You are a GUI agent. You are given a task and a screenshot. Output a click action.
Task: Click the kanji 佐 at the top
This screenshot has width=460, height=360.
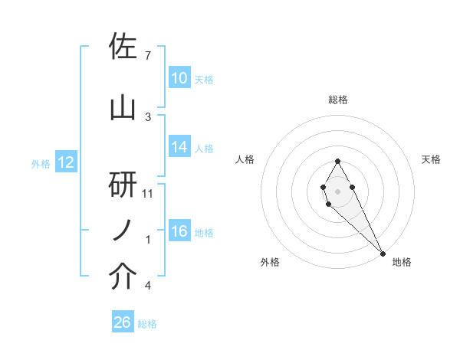pyautogui.click(x=123, y=47)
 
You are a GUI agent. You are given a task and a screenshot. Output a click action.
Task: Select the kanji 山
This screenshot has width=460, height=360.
pyautogui.click(x=123, y=109)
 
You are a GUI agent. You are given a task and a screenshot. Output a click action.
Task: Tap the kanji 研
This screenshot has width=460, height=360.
pyautogui.click(x=123, y=185)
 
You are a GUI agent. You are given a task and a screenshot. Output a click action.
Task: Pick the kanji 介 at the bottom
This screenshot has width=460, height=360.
pyautogui.click(x=123, y=277)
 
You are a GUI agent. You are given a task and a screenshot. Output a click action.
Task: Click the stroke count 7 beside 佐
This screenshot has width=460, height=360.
pyautogui.click(x=147, y=56)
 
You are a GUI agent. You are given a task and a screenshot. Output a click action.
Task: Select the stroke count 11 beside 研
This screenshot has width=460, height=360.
pyautogui.click(x=148, y=194)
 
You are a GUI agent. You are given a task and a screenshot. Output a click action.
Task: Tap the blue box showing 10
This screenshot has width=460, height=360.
pyautogui.click(x=179, y=78)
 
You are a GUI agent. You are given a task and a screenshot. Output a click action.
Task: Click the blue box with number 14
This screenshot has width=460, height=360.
pyautogui.click(x=179, y=147)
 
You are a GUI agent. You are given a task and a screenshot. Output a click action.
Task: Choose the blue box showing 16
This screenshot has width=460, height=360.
pyautogui.click(x=179, y=231)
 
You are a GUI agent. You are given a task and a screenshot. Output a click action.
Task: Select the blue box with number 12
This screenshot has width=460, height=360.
pyautogui.click(x=65, y=162)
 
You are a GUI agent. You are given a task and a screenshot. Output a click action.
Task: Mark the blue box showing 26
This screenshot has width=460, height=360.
pyautogui.click(x=122, y=323)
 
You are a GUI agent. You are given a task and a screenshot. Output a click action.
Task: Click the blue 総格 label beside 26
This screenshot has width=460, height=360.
pyautogui.click(x=147, y=324)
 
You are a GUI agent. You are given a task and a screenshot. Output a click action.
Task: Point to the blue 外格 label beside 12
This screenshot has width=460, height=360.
pyautogui.click(x=40, y=163)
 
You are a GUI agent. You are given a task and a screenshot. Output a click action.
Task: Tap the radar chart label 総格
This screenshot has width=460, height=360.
pyautogui.click(x=338, y=100)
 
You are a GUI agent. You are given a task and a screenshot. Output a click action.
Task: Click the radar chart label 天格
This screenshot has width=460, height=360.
pyautogui.click(x=432, y=159)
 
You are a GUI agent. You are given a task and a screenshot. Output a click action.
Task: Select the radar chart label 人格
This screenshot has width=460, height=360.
pyautogui.click(x=245, y=159)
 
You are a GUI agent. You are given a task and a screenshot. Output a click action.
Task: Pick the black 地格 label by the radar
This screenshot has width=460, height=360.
pyautogui.click(x=402, y=262)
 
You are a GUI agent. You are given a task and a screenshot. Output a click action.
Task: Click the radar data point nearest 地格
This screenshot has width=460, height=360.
pyautogui.click(x=383, y=253)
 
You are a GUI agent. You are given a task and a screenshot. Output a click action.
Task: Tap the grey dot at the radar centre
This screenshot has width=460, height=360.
pyautogui.click(x=338, y=191)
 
